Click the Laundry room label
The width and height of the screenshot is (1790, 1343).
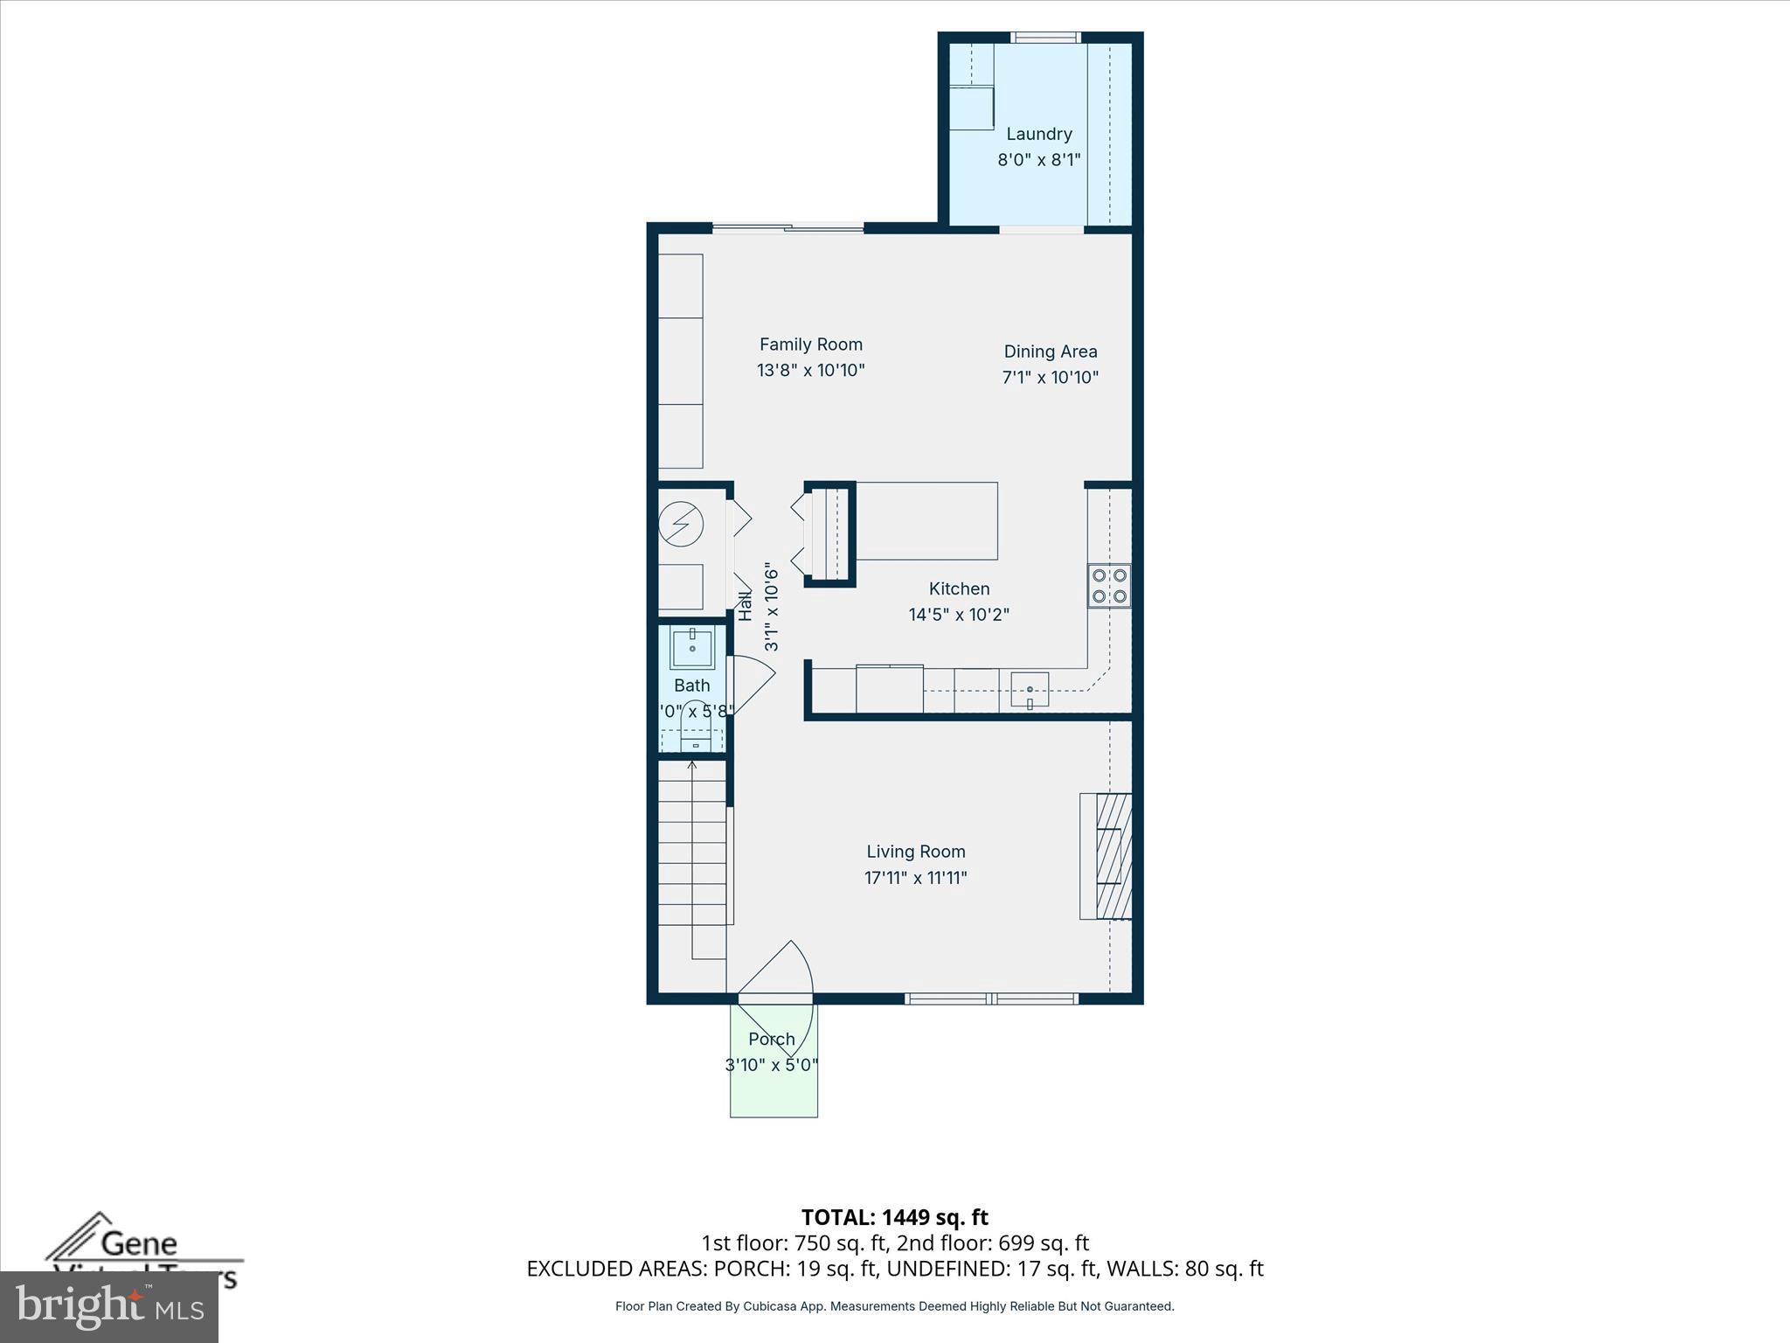pyautogui.click(x=1038, y=134)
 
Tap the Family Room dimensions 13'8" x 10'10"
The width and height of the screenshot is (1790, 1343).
pyautogui.click(x=810, y=370)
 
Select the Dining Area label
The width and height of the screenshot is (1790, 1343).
pyautogui.click(x=1050, y=351)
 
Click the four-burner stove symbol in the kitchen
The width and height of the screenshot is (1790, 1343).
pyautogui.click(x=1109, y=586)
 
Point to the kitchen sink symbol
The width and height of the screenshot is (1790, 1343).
pyautogui.click(x=1030, y=689)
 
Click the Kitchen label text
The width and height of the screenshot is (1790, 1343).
pyautogui.click(x=959, y=588)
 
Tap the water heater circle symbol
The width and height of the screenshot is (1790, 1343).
pyautogui.click(x=681, y=525)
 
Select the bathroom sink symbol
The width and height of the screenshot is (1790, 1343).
pyautogui.click(x=692, y=647)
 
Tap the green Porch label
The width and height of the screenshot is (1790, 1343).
pyautogui.click(x=772, y=1039)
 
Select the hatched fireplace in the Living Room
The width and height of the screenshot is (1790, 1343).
pyautogui.click(x=1113, y=855)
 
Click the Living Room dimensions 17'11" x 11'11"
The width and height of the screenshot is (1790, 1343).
pyautogui.click(x=915, y=878)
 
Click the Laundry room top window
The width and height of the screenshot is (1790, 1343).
pyautogui.click(x=1045, y=38)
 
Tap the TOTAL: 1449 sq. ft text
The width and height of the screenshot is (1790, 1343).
pyautogui.click(x=894, y=1217)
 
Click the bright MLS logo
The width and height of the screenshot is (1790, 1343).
pyautogui.click(x=108, y=1306)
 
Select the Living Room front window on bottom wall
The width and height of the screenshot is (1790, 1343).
pyautogui.click(x=991, y=999)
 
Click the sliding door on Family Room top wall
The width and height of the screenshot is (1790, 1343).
pyautogui.click(x=787, y=228)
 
